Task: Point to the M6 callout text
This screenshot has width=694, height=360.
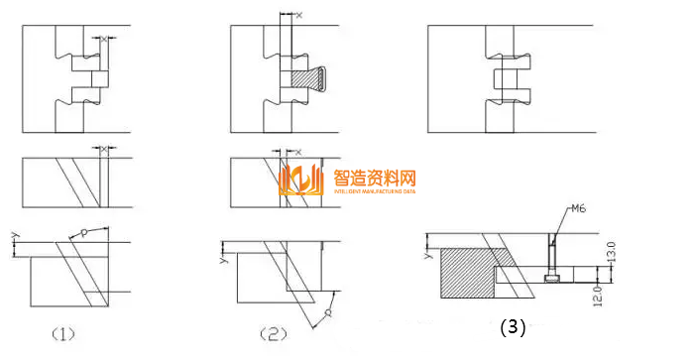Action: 580,209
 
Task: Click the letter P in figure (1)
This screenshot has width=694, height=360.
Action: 85,233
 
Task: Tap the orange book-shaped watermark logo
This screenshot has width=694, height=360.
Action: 302,181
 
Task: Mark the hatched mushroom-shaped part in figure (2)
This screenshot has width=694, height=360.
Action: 309,76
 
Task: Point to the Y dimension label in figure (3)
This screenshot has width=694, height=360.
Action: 427,254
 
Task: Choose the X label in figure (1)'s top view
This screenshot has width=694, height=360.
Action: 103,38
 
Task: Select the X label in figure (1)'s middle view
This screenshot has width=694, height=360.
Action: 103,149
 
